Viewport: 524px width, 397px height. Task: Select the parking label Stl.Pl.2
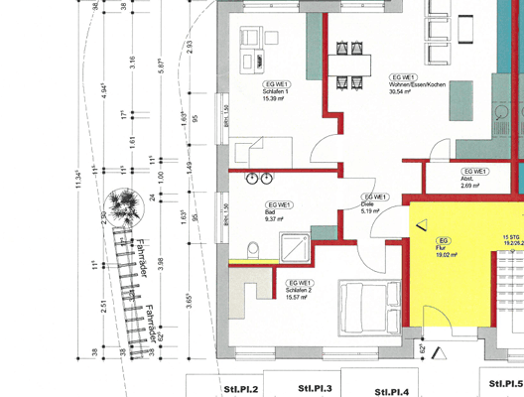tap(241, 388)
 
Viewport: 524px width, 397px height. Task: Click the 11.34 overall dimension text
tap(79, 180)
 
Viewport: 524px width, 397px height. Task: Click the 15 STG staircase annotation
tap(511, 238)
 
